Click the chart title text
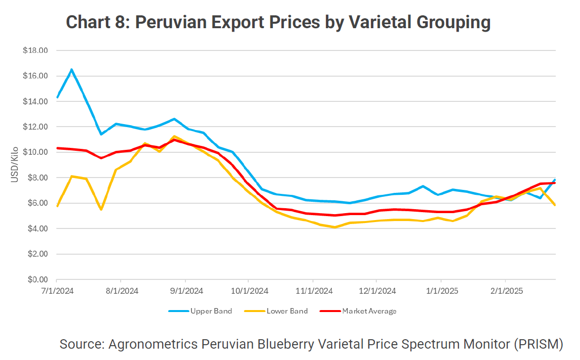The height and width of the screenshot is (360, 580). pos(278,22)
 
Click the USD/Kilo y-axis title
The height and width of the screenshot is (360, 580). pos(15,165)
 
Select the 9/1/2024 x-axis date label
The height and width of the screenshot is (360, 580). pos(185,291)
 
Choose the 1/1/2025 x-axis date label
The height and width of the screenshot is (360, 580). pos(441,291)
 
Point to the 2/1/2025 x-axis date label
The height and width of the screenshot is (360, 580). pos(505,291)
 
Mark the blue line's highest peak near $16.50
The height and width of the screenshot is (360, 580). pos(71,70)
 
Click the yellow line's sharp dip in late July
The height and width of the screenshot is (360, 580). pos(101,210)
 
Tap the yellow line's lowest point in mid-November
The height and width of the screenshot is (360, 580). pos(335,227)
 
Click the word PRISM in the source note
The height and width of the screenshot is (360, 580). pos(542,344)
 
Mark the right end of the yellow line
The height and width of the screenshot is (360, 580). pos(555,205)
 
